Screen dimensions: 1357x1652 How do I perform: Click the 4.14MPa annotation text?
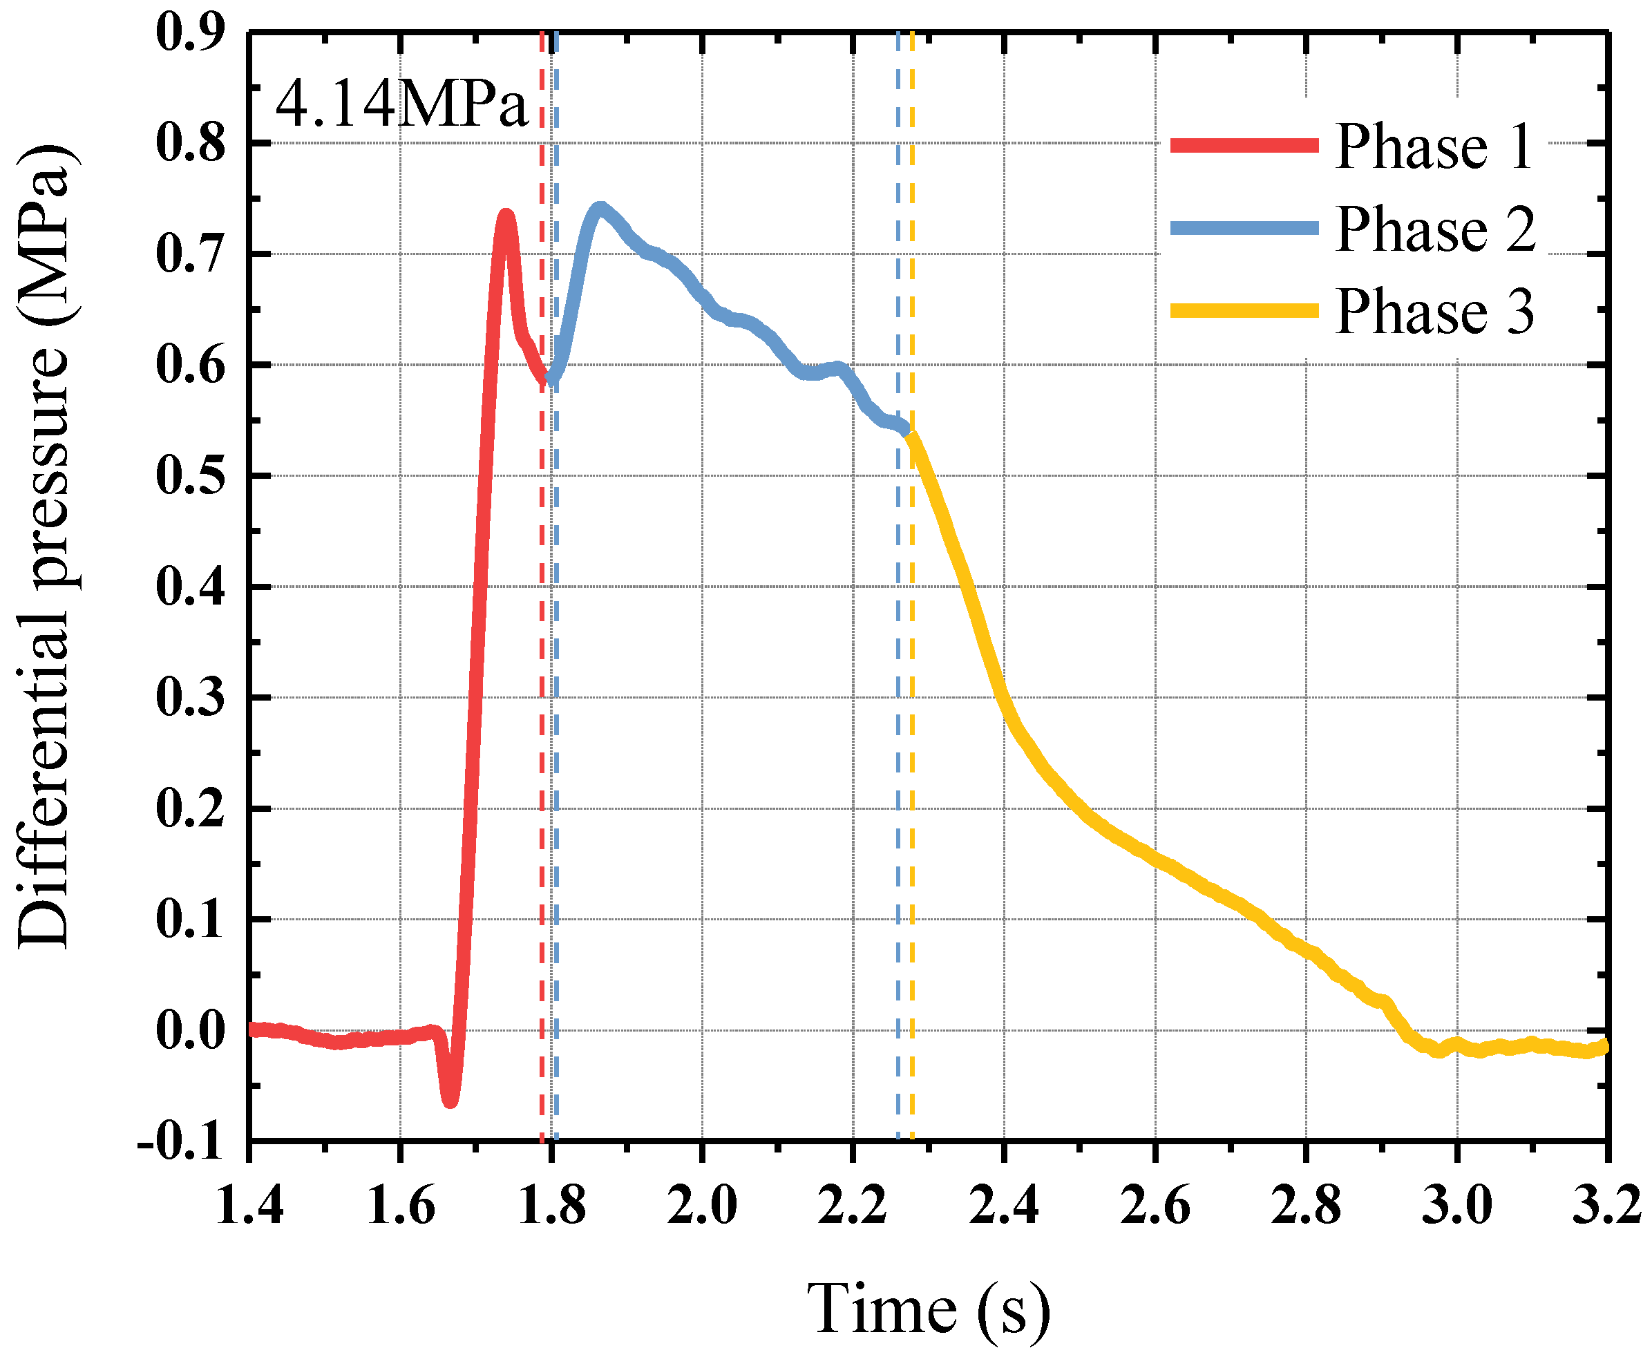coord(401,106)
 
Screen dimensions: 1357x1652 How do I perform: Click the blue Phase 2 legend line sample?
coord(1244,228)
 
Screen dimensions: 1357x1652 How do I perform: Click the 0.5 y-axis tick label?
coord(190,475)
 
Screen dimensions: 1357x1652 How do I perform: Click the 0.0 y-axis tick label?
coord(190,1031)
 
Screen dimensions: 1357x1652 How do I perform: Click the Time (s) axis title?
coord(928,1309)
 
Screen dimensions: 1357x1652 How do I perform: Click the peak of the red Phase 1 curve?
coord(506,214)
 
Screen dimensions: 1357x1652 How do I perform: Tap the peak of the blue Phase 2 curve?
coord(600,207)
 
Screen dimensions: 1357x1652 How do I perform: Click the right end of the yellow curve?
coord(1605,1045)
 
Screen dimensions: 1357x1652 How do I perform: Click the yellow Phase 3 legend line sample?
coord(1244,311)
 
